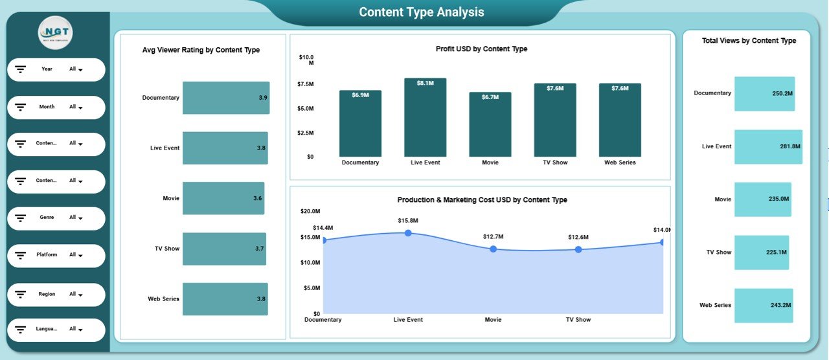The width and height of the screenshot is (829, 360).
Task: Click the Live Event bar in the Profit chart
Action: coord(425,118)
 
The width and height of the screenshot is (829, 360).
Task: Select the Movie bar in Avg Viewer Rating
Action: coord(223,198)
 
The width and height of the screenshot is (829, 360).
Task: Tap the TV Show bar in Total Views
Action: coord(761,252)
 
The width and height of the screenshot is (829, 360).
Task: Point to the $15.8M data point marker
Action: coord(408,232)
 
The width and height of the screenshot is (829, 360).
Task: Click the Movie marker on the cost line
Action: coord(493,249)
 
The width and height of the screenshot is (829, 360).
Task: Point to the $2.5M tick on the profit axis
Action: coord(306,133)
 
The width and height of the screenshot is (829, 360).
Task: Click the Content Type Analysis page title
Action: coord(422,12)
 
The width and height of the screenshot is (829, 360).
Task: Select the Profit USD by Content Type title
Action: coord(481,49)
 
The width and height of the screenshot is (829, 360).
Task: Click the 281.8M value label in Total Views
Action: coord(790,147)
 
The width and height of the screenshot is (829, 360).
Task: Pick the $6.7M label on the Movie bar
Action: coord(490,97)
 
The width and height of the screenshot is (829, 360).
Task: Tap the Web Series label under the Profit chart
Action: coord(619,163)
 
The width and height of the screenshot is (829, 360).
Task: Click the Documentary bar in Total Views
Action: coord(764,93)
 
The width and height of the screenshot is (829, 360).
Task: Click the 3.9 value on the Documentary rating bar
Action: coord(262,98)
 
